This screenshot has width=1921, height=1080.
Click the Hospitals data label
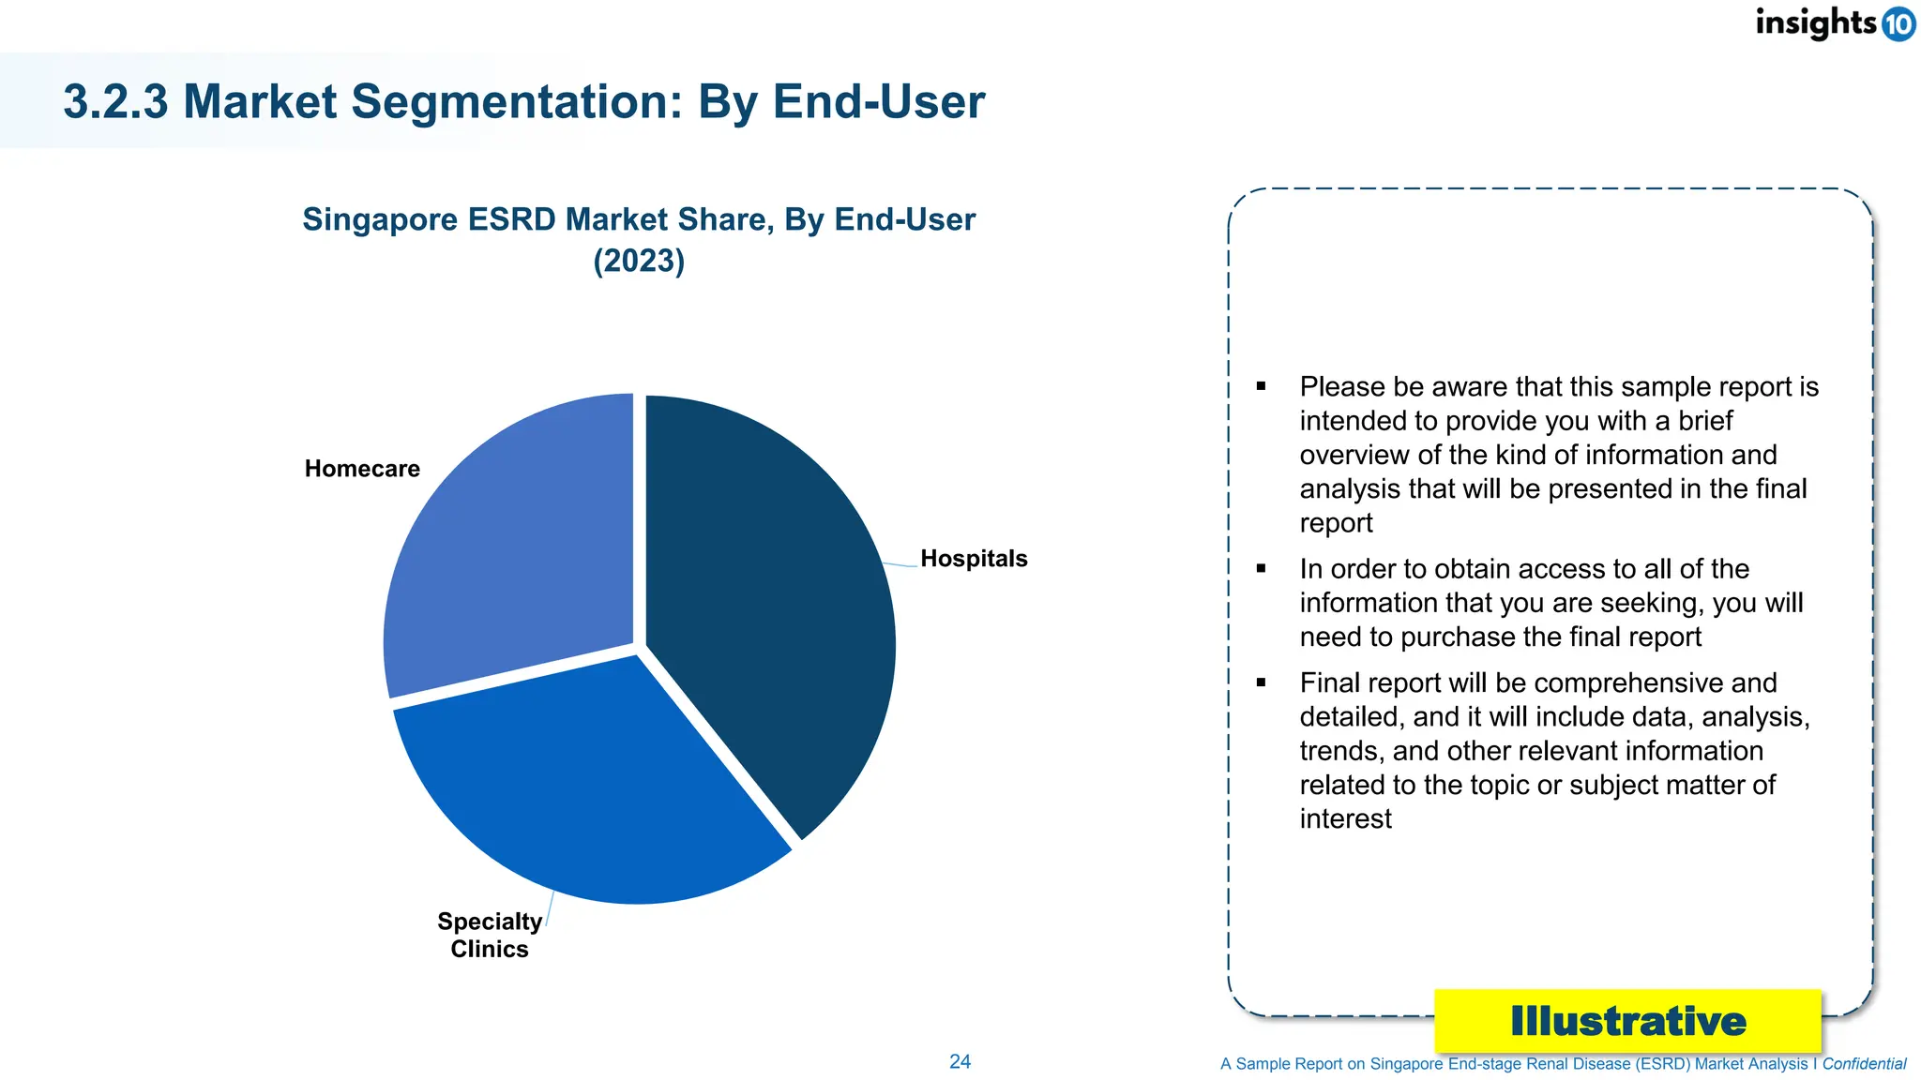[x=974, y=559]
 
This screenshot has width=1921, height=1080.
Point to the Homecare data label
[x=362, y=469]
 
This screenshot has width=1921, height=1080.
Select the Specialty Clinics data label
[x=489, y=935]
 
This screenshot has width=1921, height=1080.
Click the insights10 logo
[x=1834, y=22]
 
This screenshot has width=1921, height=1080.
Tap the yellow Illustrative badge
[x=1627, y=1021]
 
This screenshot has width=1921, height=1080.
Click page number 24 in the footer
[x=960, y=1061]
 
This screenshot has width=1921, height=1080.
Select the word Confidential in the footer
[x=1864, y=1064]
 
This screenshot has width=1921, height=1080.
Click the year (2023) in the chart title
[x=639, y=261]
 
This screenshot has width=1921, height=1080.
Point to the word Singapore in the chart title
[x=380, y=219]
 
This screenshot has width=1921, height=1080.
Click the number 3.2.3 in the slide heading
[x=115, y=101]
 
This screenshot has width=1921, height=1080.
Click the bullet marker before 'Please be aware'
[x=1261, y=386]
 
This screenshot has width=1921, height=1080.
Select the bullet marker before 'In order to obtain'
[x=1261, y=568]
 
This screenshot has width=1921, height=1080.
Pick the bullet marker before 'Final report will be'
[x=1261, y=682]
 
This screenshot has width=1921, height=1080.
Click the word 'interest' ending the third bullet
[x=1345, y=819]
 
